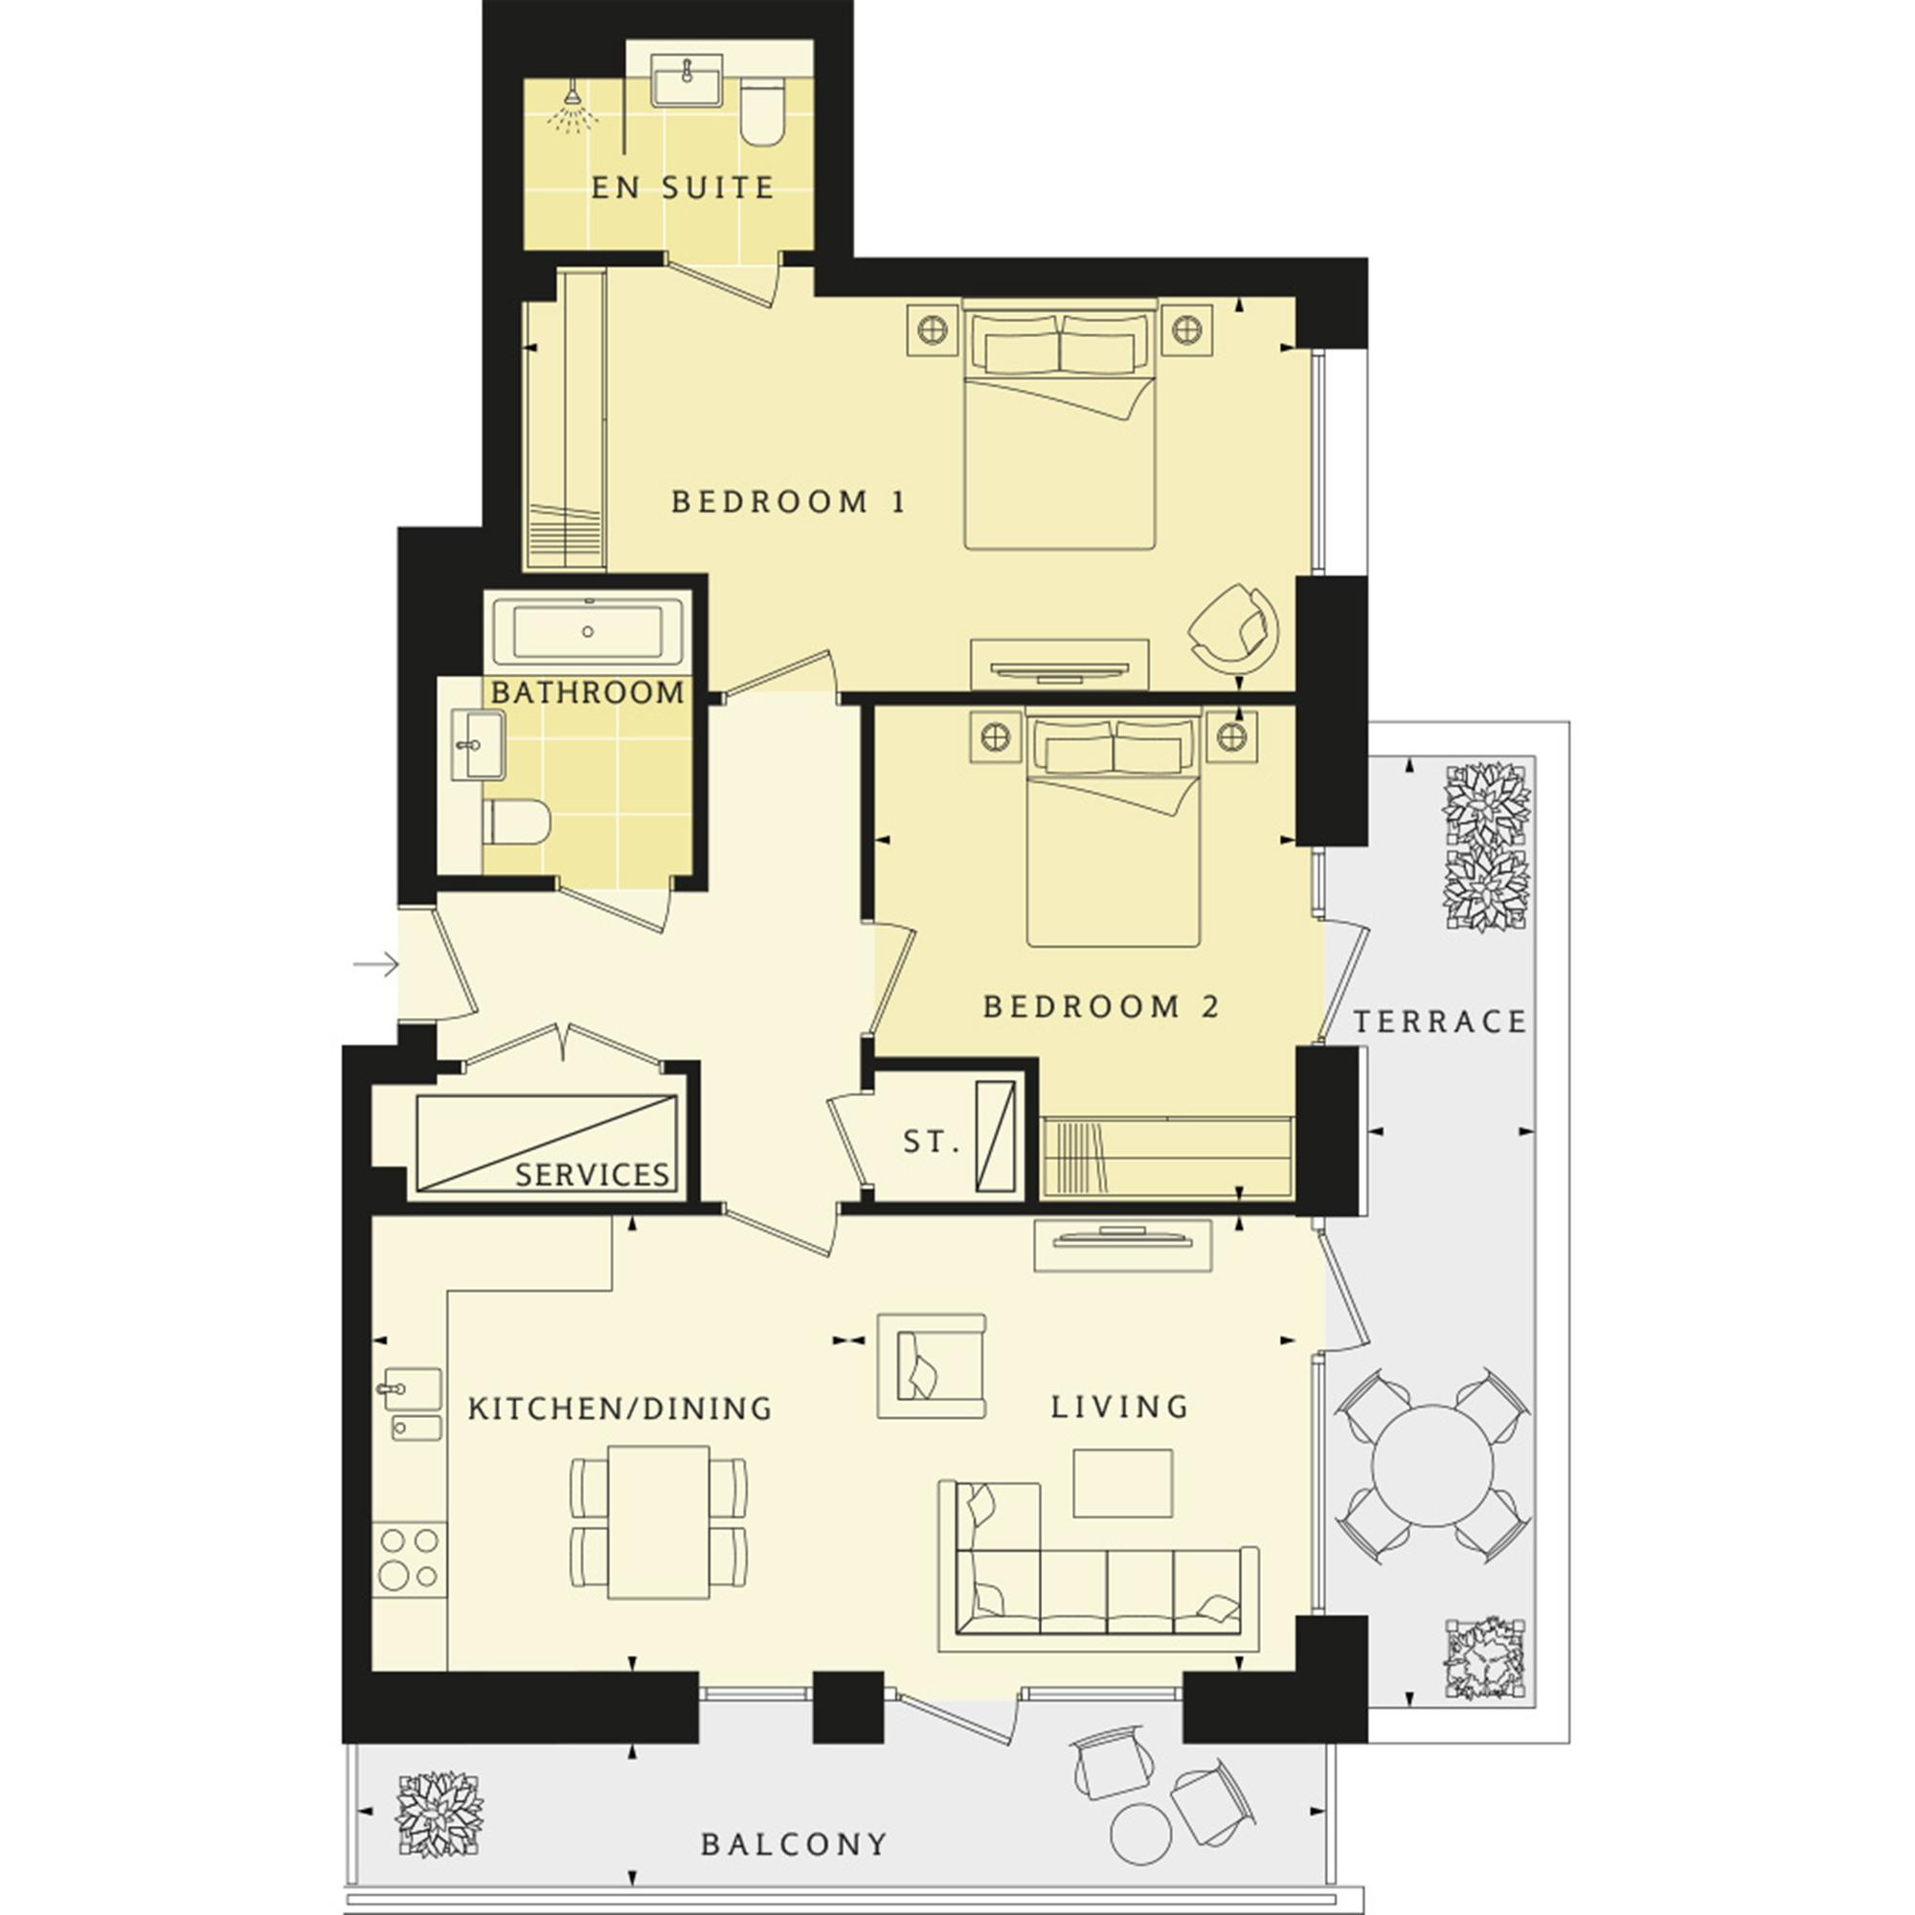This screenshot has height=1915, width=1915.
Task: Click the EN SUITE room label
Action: [682, 188]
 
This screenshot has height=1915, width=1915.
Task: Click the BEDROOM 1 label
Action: [788, 502]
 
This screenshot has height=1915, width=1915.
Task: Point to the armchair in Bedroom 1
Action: [1233, 624]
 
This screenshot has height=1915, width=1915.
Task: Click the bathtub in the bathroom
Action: [589, 631]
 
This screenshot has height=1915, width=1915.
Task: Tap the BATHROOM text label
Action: [588, 692]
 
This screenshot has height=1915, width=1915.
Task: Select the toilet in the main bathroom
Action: [516, 822]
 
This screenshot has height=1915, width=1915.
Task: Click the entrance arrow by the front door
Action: [375, 963]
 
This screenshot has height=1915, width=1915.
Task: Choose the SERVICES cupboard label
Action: [593, 1175]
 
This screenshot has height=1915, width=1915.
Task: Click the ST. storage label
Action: [932, 1142]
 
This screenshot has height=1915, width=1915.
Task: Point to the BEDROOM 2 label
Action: [1101, 1007]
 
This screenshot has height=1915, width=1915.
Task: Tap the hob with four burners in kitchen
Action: [411, 1559]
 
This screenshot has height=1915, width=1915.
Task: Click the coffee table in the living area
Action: [1122, 1483]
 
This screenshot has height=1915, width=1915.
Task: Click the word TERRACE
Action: [1439, 1022]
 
